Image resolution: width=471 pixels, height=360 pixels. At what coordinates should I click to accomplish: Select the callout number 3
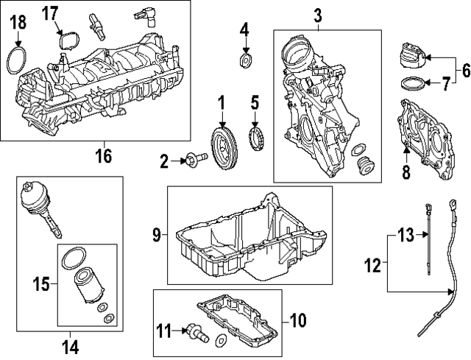coord(318,14)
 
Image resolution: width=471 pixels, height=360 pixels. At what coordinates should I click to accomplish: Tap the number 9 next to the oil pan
coord(157,235)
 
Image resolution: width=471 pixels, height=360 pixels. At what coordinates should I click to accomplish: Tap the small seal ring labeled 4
coord(245,59)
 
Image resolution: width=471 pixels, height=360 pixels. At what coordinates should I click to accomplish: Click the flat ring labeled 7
coord(414,82)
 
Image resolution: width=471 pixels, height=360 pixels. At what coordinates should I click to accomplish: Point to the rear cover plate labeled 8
coord(423,140)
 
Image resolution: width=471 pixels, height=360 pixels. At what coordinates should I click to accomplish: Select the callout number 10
coord(297,320)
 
